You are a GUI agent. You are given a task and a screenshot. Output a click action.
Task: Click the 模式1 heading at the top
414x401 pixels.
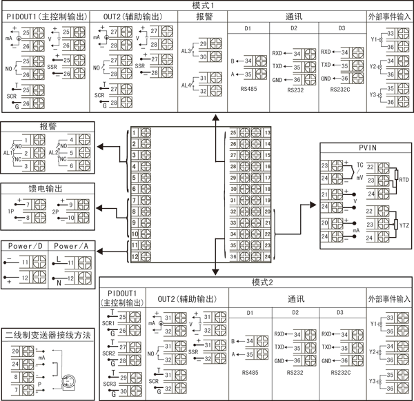tap(207, 5)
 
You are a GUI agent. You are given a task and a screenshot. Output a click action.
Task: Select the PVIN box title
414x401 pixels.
tap(366, 147)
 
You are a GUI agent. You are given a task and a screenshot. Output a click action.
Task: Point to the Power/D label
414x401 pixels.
tap(26, 246)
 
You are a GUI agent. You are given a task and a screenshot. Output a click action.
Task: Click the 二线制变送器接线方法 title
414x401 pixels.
tap(48, 334)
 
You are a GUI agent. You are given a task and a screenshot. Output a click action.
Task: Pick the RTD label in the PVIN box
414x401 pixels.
tap(404, 179)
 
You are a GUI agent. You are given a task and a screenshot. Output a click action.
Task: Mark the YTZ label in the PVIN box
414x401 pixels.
tap(404, 225)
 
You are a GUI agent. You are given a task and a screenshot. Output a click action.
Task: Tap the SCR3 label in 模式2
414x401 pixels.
tap(108, 383)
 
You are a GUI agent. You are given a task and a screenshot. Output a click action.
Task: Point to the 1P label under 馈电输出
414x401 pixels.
tap(11, 212)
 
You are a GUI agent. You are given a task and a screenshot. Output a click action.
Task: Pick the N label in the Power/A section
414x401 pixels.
tap(59, 282)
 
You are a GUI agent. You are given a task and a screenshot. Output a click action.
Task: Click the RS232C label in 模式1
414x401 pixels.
tap(342, 90)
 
